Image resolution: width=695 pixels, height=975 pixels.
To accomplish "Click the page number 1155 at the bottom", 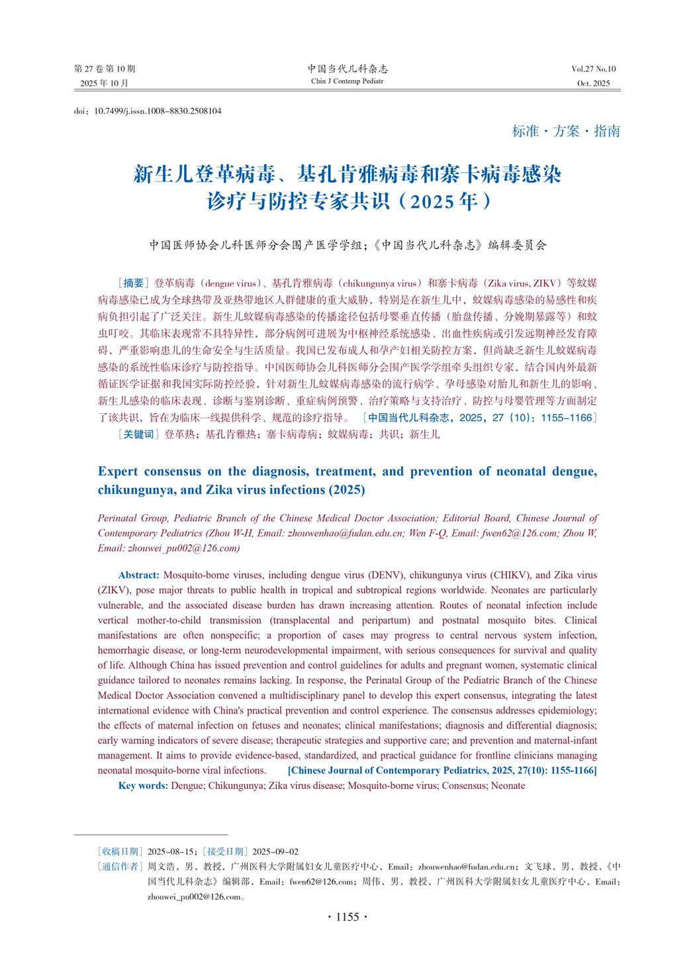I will coord(347,917).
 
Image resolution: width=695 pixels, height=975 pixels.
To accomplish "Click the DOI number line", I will coord(148,111).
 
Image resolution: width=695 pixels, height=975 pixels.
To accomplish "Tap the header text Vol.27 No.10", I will coord(593,69).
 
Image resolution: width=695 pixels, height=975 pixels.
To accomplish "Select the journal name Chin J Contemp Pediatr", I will coord(347,81).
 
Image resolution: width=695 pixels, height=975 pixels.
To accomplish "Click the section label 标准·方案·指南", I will coord(566,131).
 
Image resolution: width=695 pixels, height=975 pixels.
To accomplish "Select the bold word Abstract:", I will coord(139,575).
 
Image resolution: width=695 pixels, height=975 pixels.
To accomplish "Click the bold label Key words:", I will coord(143,786).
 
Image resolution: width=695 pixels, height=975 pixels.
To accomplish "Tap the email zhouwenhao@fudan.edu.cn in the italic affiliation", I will coord(345,534).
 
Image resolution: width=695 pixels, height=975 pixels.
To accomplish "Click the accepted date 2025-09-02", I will coord(275,852).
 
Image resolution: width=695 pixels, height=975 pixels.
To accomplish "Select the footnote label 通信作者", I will coord(120,866).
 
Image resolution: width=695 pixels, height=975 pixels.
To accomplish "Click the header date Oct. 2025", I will coord(593,83).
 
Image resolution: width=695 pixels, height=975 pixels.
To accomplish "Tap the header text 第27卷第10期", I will coord(105,69).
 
